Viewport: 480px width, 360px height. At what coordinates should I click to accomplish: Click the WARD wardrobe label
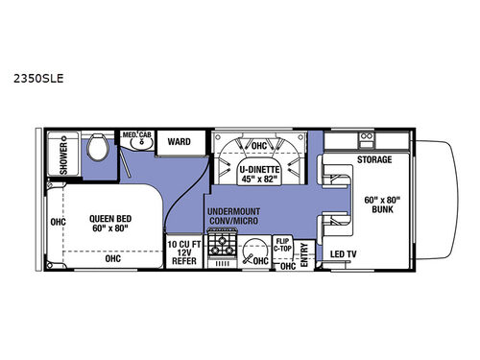pos(179,142)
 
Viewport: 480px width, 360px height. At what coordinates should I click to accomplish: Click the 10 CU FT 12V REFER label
pos(182,253)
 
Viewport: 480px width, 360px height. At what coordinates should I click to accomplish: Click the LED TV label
pos(345,254)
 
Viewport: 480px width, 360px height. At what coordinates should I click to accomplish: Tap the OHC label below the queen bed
pos(113,257)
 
